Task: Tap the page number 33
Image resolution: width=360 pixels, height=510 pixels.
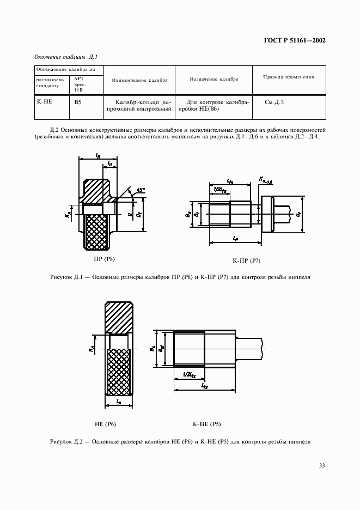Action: [322, 465]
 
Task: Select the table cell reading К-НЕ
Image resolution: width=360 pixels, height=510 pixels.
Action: [43, 102]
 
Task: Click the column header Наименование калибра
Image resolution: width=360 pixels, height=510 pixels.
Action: [139, 80]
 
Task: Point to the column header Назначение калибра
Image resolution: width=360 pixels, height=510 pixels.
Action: [213, 79]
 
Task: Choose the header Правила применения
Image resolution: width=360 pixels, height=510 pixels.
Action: [288, 77]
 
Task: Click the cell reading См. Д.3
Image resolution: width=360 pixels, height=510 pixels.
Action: [274, 102]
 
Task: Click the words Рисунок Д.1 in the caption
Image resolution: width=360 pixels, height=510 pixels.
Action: [66, 277]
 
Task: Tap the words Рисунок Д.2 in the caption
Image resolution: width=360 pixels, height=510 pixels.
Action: [66, 441]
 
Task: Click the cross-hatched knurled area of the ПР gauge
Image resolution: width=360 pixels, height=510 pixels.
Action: [99, 232]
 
